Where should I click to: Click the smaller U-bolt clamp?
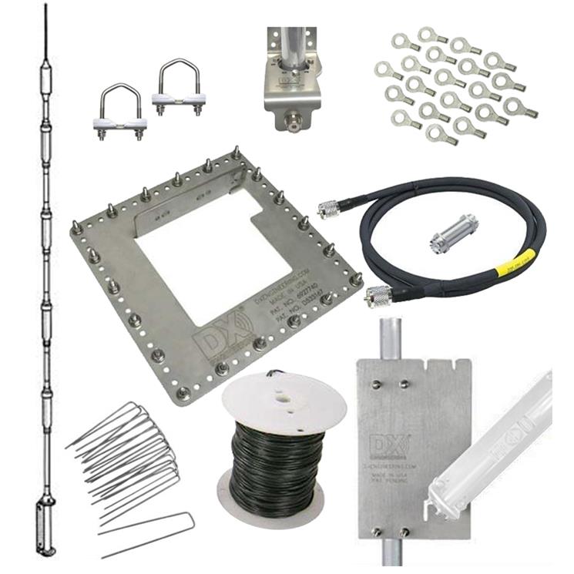(121, 112)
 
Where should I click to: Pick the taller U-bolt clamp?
(178, 89)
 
